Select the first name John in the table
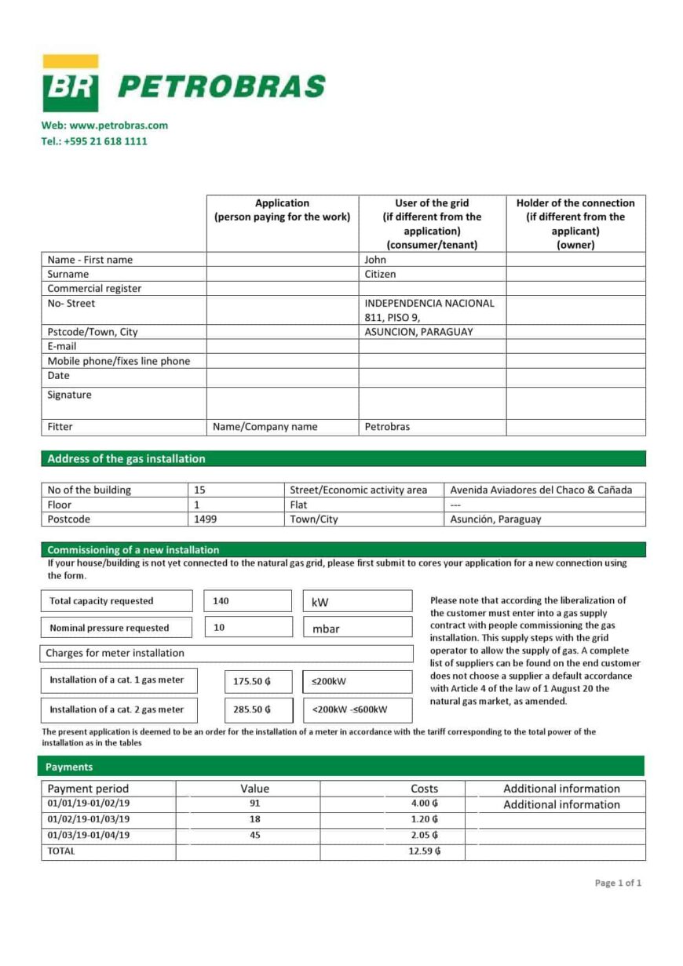tap(375, 260)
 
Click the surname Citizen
tap(381, 274)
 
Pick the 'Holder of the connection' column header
tap(575, 224)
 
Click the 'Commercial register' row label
tap(94, 289)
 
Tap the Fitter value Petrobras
tap(387, 427)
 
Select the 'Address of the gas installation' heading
tap(126, 459)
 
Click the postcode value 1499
tap(206, 519)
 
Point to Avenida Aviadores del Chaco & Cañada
tap(541, 490)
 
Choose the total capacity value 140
tap(221, 601)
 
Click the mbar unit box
tap(356, 628)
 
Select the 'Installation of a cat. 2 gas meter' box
tap(118, 709)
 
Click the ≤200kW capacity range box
tap(356, 682)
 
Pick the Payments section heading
tap(69, 767)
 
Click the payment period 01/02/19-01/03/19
tap(89, 819)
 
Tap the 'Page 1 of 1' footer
tap(618, 883)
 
